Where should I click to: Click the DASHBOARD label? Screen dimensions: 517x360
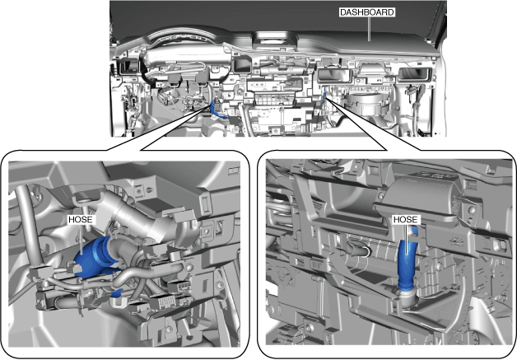pos(366,12)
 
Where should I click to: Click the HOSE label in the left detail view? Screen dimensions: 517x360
pos(80,220)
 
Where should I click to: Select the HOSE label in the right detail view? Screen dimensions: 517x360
pos(405,220)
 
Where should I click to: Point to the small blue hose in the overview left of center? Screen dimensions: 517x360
pos(215,111)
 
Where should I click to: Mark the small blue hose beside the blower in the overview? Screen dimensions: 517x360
pos(325,96)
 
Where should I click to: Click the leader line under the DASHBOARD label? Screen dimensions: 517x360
pos(369,29)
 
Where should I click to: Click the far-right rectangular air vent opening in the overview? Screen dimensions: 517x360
pos(415,74)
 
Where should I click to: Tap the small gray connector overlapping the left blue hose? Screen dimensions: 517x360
pos(77,269)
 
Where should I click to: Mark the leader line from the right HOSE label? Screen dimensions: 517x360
pos(406,240)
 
